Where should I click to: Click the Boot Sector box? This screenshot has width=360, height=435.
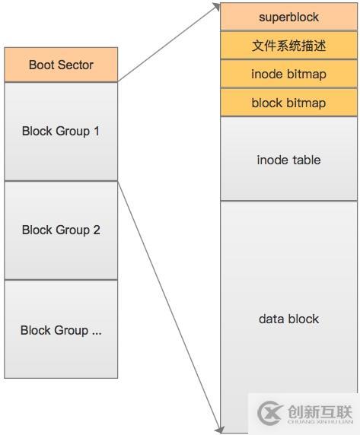(61, 65)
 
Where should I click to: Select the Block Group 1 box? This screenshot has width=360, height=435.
(61, 131)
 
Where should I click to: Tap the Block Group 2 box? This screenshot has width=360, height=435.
(61, 230)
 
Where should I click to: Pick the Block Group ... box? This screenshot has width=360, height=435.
(61, 329)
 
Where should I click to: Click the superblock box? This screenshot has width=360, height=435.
(288, 17)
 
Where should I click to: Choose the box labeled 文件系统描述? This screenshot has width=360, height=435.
(288, 46)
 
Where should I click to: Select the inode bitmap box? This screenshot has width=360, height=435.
(288, 74)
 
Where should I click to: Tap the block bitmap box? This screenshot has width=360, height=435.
(288, 103)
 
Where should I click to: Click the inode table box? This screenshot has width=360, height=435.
(288, 159)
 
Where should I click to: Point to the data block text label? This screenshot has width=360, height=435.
(288, 319)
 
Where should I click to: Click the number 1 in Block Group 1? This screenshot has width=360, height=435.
(97, 131)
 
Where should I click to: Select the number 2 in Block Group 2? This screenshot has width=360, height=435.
(97, 230)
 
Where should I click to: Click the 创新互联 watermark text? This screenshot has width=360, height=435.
(320, 411)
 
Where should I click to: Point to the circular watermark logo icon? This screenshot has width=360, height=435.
(271, 413)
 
